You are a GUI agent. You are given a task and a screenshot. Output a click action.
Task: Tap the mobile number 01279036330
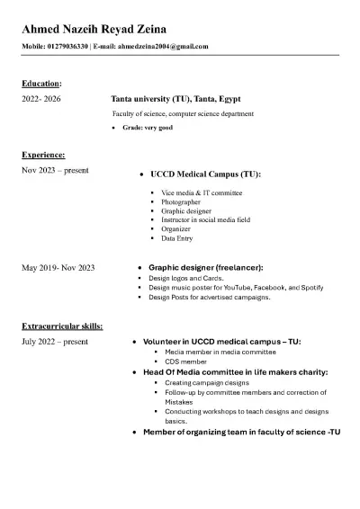pos(67,46)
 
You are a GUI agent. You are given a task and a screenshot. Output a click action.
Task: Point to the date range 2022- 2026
pos(40,99)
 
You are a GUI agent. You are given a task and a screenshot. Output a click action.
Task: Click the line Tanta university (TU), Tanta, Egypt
pos(175,99)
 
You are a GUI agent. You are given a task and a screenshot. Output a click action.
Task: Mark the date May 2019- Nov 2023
pos(58,267)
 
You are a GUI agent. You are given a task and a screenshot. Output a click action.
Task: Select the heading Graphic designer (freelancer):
pos(206,268)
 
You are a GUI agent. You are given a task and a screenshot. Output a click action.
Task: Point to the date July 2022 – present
pos(55,342)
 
